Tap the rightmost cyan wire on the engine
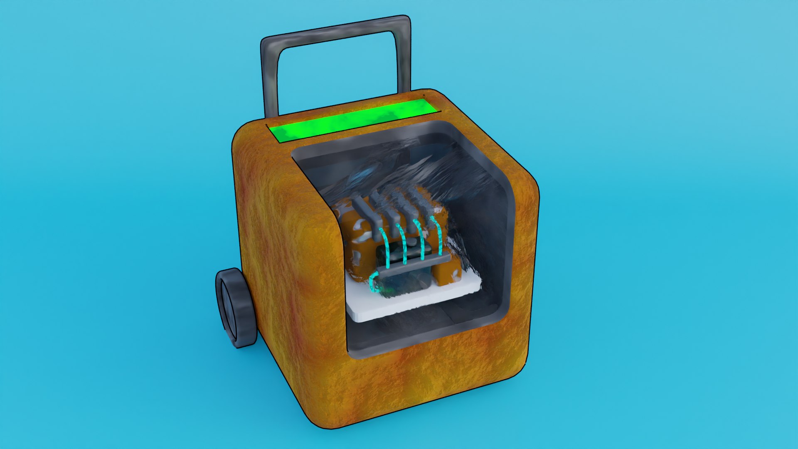(438, 235)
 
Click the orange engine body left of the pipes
(353, 233)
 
